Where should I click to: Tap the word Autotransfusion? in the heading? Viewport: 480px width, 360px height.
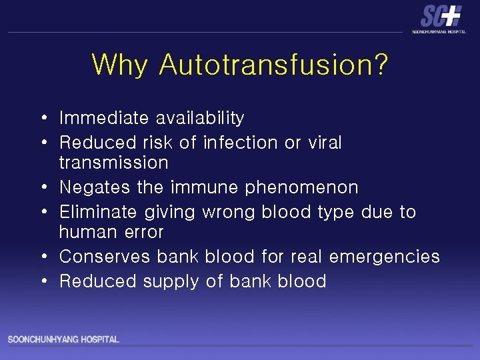click(x=274, y=65)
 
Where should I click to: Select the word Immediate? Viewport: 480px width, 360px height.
click(x=104, y=119)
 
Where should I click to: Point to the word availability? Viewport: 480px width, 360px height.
click(x=200, y=119)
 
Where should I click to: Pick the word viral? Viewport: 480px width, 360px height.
click(x=323, y=143)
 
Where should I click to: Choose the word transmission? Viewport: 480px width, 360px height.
click(x=114, y=163)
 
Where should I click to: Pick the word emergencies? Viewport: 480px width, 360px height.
click(x=385, y=257)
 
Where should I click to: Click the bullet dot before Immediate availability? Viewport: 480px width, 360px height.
click(x=43, y=119)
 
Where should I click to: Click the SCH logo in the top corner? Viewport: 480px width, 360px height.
click(x=440, y=17)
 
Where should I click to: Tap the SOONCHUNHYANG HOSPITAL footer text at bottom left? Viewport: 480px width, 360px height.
click(x=63, y=340)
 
